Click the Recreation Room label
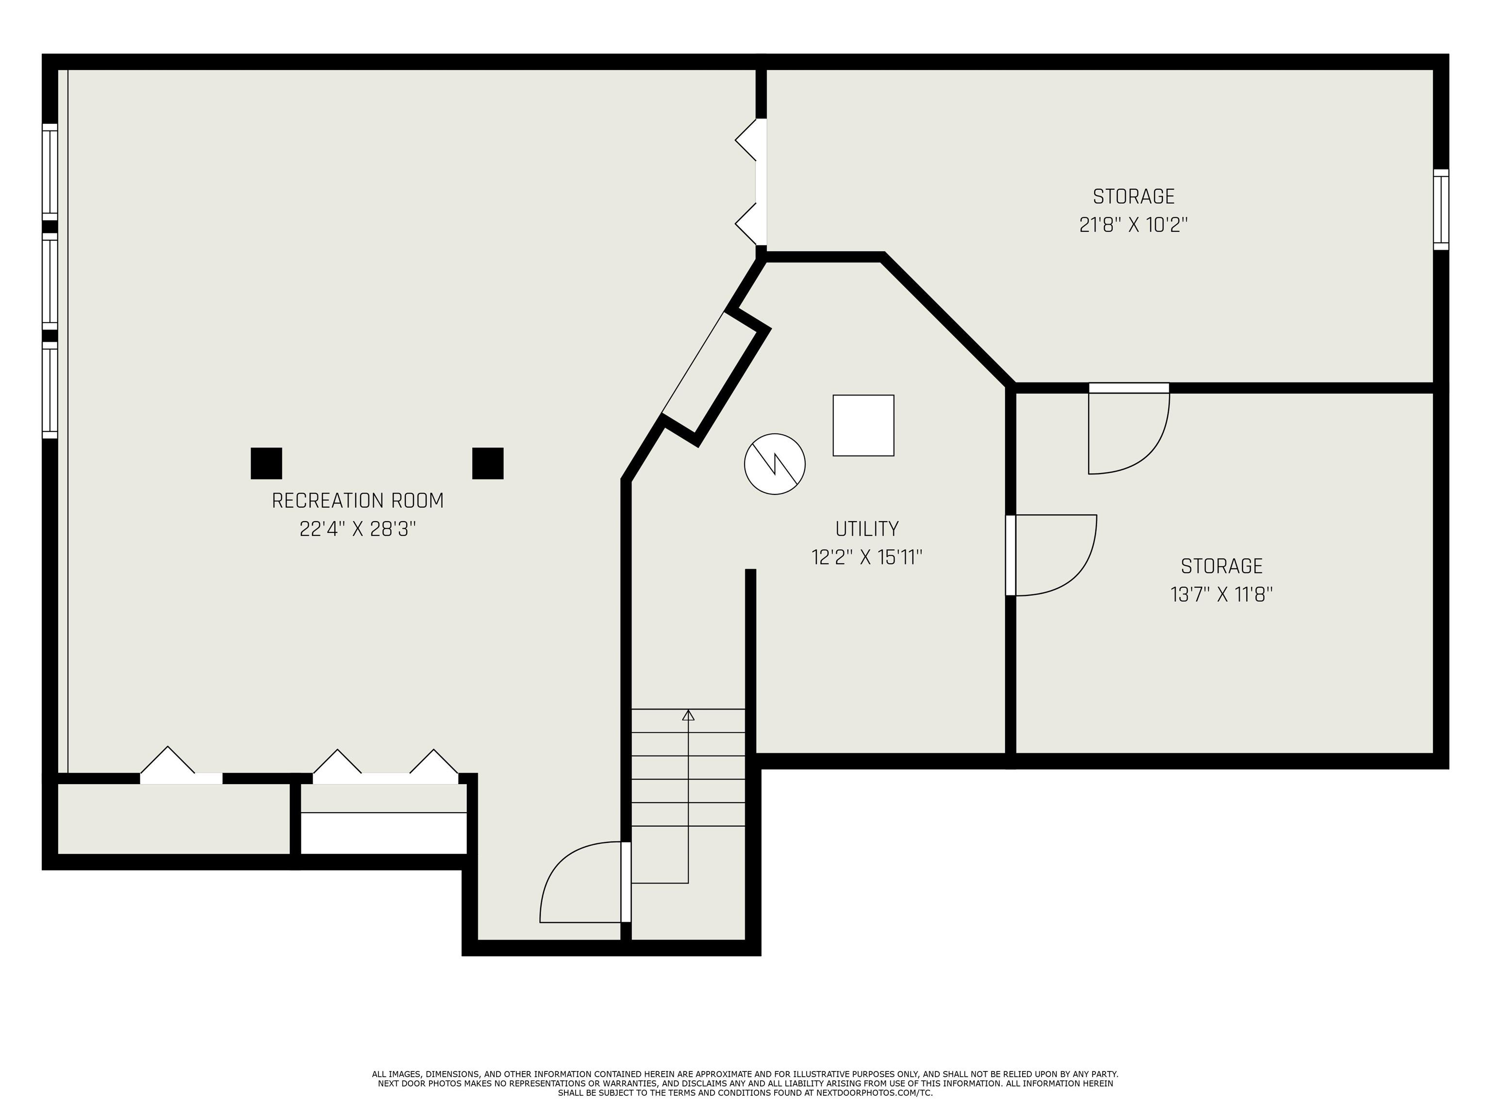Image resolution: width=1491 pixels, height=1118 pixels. point(357,501)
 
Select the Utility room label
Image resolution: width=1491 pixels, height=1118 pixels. point(867,528)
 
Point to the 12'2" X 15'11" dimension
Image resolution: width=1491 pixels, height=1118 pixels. point(867,558)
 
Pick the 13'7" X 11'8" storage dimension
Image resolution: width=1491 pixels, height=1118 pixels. point(1221,594)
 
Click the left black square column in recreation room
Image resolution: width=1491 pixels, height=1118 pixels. point(266,463)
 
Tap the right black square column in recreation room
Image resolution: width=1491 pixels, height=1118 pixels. point(487,463)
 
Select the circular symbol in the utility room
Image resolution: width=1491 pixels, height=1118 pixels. point(775,463)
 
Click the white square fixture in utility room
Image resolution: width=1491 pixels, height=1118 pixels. point(863,425)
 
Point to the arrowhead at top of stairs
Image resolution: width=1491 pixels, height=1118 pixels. point(688,715)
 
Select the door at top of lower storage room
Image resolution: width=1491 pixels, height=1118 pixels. point(1129,431)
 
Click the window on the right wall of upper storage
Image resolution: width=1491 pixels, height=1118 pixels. point(1441,210)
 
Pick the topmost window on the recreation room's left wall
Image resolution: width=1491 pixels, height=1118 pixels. point(50,171)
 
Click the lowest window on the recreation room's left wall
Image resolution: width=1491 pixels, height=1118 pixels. point(50,390)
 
